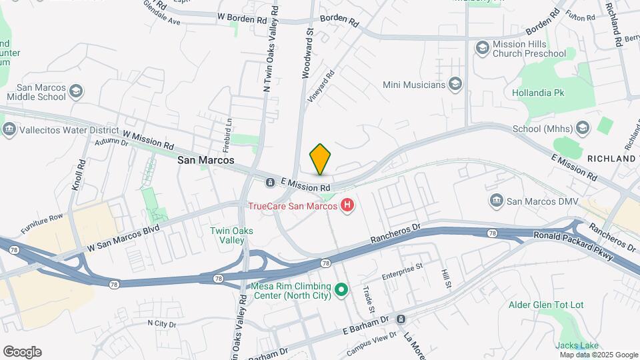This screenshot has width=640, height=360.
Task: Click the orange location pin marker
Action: click(320, 159)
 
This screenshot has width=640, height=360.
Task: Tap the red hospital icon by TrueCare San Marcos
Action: click(347, 205)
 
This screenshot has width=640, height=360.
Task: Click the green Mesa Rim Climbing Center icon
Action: click(341, 289)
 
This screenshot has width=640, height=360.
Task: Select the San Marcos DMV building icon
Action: click(496, 200)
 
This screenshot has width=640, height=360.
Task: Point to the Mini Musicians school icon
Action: click(455, 85)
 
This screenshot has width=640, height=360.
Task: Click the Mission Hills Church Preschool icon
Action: click(482, 47)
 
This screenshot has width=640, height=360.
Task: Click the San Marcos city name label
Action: click(206, 161)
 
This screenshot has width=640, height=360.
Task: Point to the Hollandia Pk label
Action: click(538, 93)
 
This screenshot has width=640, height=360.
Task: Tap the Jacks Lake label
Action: click(577, 345)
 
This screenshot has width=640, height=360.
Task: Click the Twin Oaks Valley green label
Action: click(231, 235)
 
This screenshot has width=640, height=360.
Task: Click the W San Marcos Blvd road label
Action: click(123, 239)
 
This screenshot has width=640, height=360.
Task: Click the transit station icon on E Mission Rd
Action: click(271, 182)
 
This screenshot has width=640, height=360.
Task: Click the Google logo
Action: click(22, 352)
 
